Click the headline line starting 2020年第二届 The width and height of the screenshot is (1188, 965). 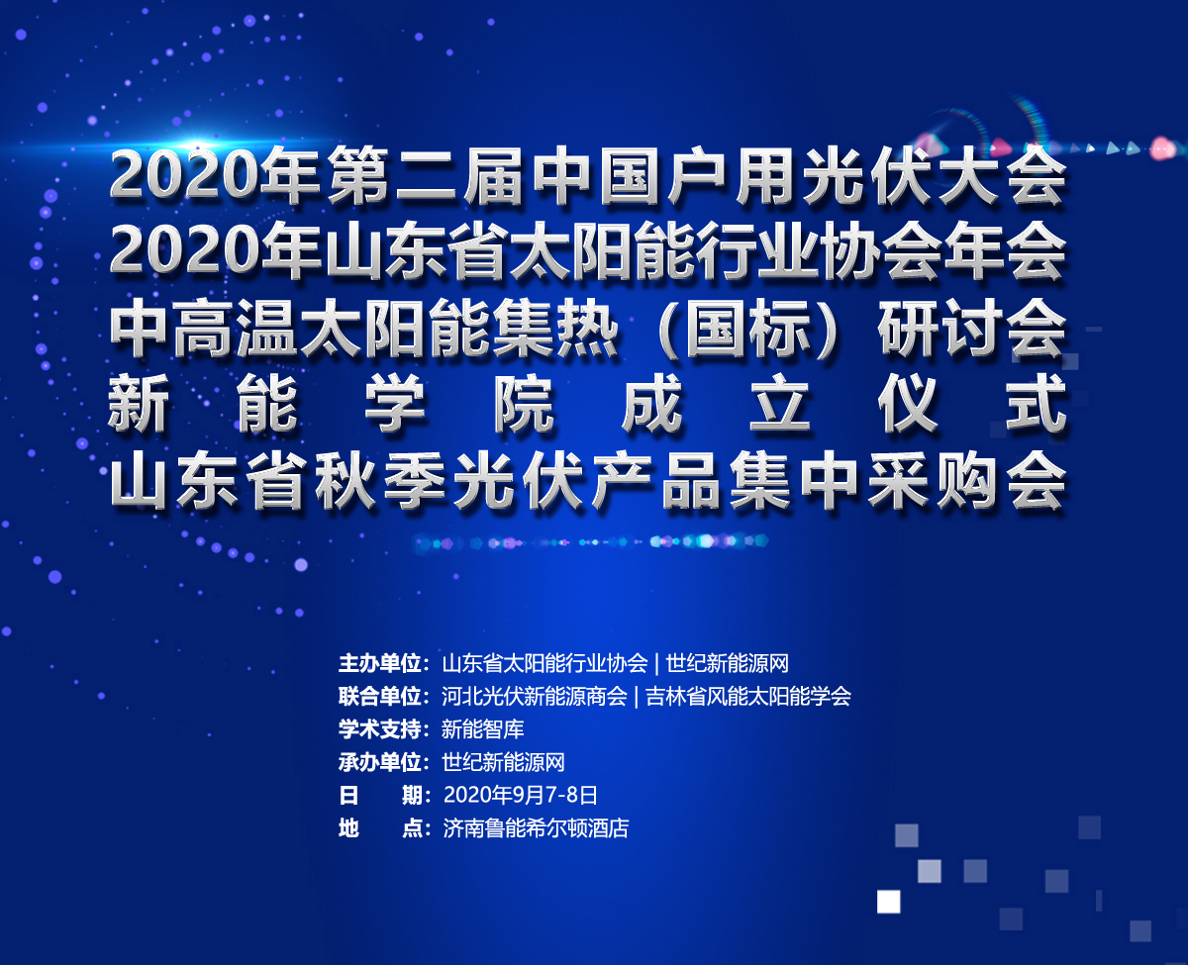588,176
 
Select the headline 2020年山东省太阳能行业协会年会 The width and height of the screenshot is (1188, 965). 588,249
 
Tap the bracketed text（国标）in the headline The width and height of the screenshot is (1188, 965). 747,328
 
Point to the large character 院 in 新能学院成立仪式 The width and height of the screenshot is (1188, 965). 524,403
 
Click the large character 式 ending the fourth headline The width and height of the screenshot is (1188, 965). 1037,403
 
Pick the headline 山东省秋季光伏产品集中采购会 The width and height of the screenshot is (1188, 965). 588,481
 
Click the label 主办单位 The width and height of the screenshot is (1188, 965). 380,663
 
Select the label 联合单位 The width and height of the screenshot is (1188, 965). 380,697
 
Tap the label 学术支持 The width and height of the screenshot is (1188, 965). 380,729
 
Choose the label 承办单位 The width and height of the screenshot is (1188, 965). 380,762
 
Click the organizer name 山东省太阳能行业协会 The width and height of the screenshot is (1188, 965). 544,663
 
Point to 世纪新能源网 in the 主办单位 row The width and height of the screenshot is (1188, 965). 728,663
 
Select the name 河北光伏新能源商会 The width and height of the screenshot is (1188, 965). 535,697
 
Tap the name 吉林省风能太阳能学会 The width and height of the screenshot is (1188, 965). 747,697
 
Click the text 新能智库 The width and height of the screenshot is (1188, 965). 483,729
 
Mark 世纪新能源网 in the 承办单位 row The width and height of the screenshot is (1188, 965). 503,762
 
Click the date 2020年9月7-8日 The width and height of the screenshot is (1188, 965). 521,795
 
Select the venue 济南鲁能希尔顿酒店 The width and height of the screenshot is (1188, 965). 536,828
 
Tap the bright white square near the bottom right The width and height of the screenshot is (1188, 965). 888,902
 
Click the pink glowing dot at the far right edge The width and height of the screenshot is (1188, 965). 1163,148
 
